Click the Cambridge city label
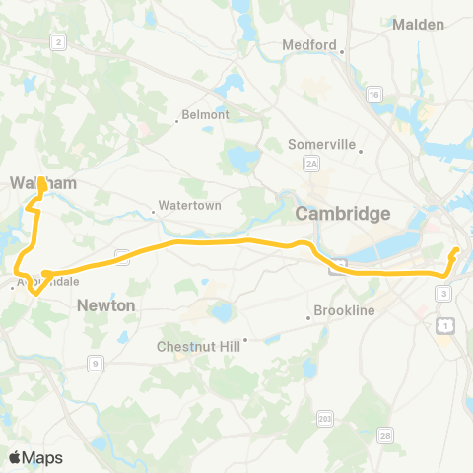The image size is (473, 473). tap(344, 214)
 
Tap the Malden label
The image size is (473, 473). tap(419, 25)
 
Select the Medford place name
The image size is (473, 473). tap(309, 44)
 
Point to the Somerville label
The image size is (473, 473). tap(321, 144)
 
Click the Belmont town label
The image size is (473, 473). tap(205, 114)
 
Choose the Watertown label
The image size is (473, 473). tap(191, 205)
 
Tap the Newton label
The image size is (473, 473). tap(106, 306)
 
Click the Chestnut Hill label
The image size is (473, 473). tap(198, 346)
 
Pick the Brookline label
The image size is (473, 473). tap(344, 310)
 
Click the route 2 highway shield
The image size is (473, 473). tap(58, 41)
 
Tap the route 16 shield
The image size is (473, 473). tap(373, 94)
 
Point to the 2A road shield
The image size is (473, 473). tap(311, 163)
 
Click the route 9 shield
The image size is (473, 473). tap(96, 364)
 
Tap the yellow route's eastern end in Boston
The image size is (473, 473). tap(456, 252)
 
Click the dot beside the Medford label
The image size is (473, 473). tap(342, 53)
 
